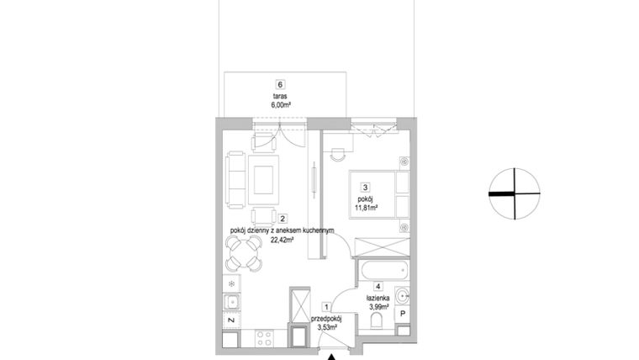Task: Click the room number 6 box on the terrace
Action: tap(280, 84)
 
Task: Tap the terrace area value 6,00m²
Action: tap(280, 105)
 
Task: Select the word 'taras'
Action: tap(280, 96)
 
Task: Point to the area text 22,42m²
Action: tap(283, 239)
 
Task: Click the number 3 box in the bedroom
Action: tap(365, 188)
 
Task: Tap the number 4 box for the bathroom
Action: tap(379, 286)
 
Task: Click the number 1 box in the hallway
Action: tap(326, 309)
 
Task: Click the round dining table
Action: tap(243, 250)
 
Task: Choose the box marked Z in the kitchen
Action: tap(231, 321)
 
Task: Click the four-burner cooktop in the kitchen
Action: tap(264, 340)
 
